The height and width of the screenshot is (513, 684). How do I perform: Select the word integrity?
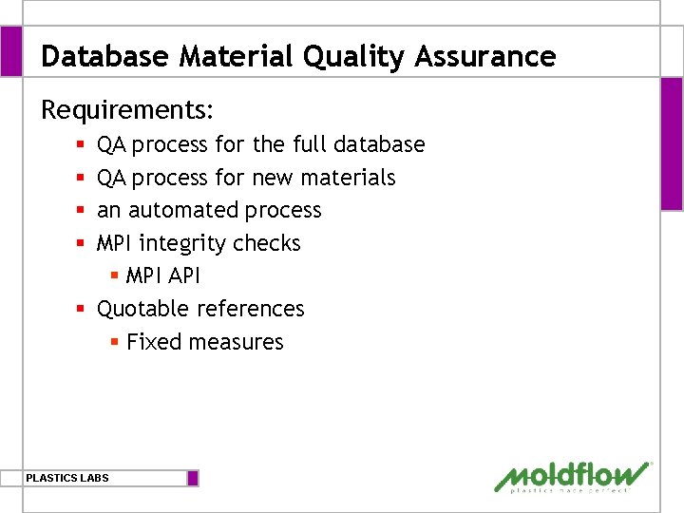coord(182,243)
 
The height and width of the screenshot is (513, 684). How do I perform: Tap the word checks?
coord(266,243)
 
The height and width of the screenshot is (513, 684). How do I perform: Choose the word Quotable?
coord(144,309)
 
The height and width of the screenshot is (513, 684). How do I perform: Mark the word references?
coord(251,309)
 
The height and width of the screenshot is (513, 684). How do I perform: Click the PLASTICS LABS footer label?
coord(67,478)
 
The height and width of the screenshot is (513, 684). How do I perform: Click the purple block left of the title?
coord(10,50)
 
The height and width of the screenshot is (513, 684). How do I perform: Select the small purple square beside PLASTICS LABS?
coord(193,478)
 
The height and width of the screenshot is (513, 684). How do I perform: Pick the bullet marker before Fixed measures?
coord(114,342)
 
